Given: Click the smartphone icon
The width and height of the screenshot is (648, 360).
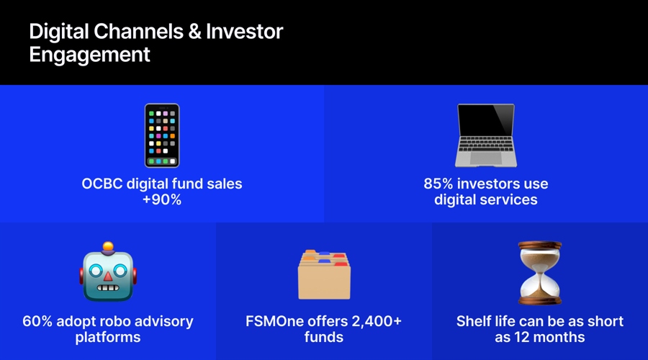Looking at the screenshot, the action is [162, 135].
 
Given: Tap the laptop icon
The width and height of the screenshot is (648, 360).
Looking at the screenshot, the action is [486, 135].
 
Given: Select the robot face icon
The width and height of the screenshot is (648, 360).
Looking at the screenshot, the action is [108, 272].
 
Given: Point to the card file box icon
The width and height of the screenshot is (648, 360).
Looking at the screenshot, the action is [324, 274].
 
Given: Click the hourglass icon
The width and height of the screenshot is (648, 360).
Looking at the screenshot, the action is [540, 272].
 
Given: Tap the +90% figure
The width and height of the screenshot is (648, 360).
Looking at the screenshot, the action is [162, 199].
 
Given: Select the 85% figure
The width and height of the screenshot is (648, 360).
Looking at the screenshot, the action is [438, 184].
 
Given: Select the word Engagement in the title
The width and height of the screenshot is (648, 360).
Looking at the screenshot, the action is [90, 55].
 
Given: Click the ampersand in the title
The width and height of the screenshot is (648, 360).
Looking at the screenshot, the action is [194, 32].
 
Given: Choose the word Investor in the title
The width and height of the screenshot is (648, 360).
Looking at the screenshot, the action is [245, 32].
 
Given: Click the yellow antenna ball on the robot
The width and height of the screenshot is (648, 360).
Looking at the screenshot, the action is [108, 246].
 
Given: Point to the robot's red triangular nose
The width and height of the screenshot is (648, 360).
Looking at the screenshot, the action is [108, 276].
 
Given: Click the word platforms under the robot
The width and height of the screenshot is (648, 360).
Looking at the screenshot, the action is [108, 337].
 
